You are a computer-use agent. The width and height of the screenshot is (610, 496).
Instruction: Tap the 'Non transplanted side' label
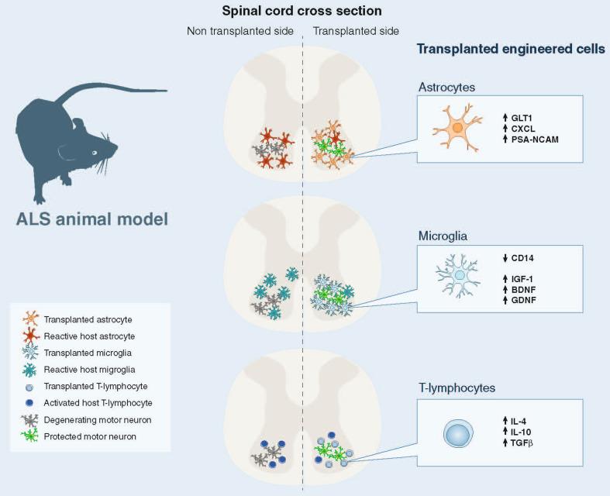click(x=239, y=32)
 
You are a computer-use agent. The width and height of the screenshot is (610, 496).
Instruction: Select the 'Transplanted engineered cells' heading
click(x=511, y=49)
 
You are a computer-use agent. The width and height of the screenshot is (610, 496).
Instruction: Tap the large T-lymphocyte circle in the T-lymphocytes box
click(x=458, y=432)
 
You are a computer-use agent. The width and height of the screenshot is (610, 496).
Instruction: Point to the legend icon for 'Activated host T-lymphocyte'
click(x=29, y=401)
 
